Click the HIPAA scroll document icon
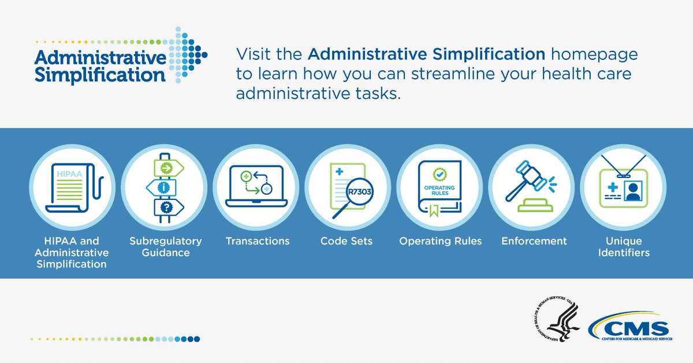74,188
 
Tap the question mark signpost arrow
169,207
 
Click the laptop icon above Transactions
256,186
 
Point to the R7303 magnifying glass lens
359,192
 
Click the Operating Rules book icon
439,188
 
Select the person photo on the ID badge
633,191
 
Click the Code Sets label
346,241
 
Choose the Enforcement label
534,241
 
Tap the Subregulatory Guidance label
166,247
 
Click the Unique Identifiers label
624,247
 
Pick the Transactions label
258,241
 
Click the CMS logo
630,326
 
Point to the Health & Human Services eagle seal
557,322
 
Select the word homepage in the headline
594,55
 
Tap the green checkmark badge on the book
439,175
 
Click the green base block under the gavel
535,205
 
